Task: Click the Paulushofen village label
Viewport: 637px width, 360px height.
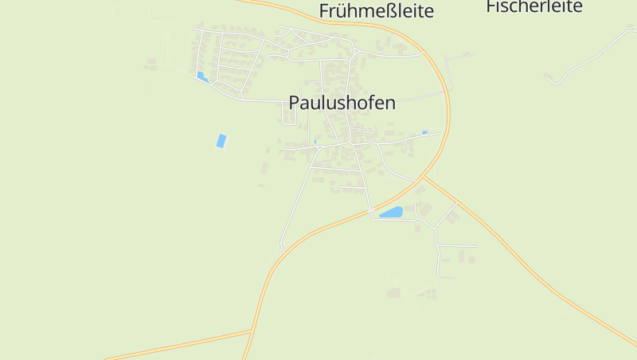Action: coord(342,103)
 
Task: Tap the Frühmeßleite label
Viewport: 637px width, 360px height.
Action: coord(376,11)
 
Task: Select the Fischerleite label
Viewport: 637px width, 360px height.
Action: coord(534,7)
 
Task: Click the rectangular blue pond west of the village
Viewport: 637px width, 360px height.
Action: coord(221,141)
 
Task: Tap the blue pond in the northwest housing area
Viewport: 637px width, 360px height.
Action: coord(201,76)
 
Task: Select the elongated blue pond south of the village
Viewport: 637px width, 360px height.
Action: coord(391,213)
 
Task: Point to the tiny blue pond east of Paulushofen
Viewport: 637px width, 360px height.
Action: coord(424,132)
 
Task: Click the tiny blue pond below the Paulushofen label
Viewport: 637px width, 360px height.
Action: coord(315,142)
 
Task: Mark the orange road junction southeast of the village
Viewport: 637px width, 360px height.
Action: coord(423,178)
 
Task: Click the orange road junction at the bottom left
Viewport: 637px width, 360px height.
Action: coord(252,331)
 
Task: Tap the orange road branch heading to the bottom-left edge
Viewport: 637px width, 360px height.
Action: coord(175,345)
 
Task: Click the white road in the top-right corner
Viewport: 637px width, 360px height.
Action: coord(593,55)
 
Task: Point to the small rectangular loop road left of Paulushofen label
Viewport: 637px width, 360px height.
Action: coord(291,116)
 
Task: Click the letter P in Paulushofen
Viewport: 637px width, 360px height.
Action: coord(294,103)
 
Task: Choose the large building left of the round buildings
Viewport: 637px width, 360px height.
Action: coord(393,294)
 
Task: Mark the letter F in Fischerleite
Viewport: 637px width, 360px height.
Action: coord(490,7)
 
